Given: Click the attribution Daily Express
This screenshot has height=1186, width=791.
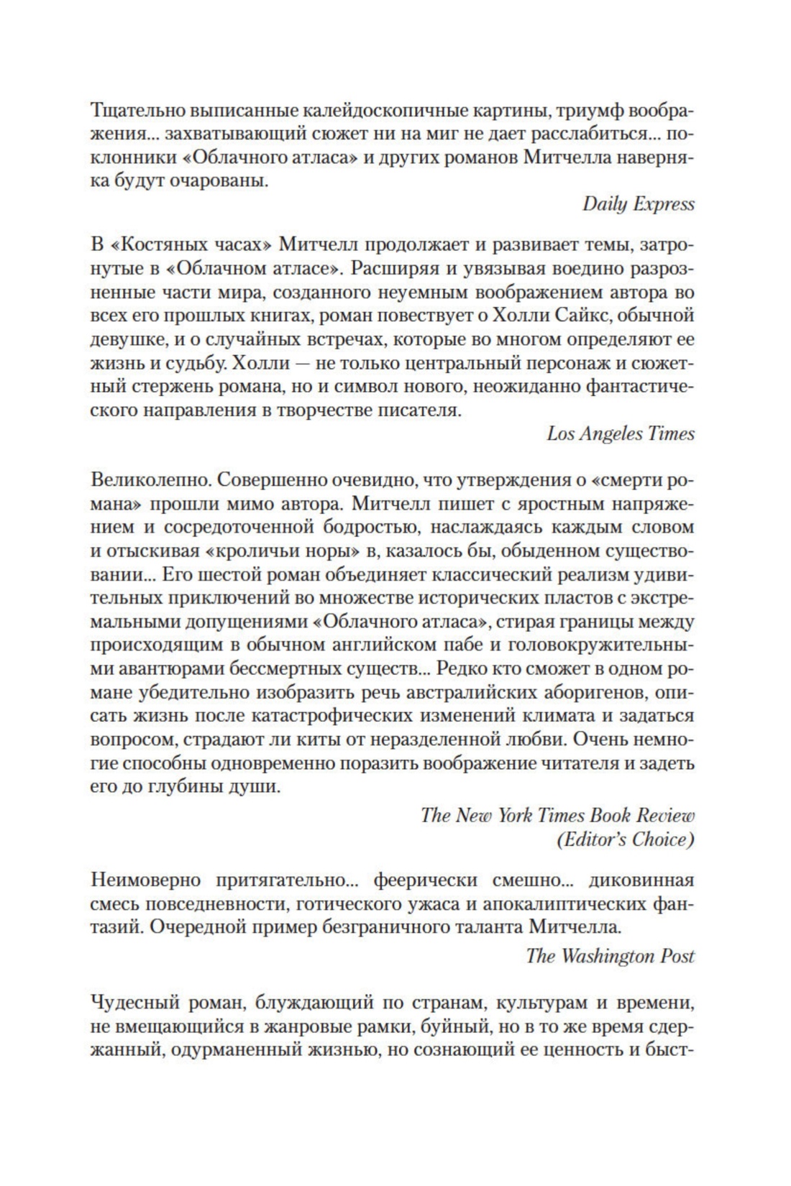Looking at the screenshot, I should coord(638,204).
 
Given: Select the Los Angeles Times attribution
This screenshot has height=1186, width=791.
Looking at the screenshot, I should coord(620,433).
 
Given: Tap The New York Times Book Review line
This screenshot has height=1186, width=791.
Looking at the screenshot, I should coord(557,815).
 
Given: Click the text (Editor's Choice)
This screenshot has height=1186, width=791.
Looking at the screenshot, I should coord(626,839).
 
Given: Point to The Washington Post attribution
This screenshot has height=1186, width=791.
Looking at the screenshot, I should coord(610,956).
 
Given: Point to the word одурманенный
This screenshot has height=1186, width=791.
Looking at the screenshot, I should coord(265,1049).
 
